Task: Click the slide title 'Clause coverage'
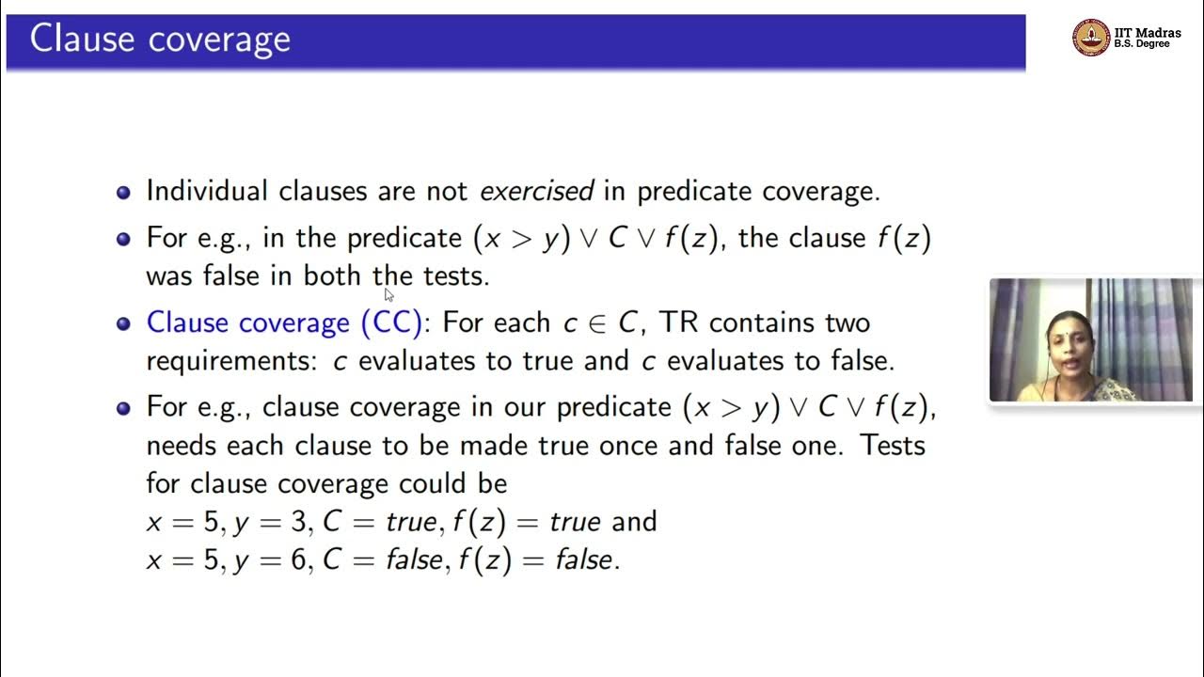[160, 40]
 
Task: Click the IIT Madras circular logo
[1090, 38]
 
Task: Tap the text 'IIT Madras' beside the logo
[1148, 33]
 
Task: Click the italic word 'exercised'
[536, 191]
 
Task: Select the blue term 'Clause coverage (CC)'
[284, 323]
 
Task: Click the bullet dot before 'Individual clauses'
[123, 192]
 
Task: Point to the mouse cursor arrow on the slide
[388, 294]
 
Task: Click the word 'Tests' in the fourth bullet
[893, 445]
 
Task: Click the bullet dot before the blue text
[123, 323]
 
